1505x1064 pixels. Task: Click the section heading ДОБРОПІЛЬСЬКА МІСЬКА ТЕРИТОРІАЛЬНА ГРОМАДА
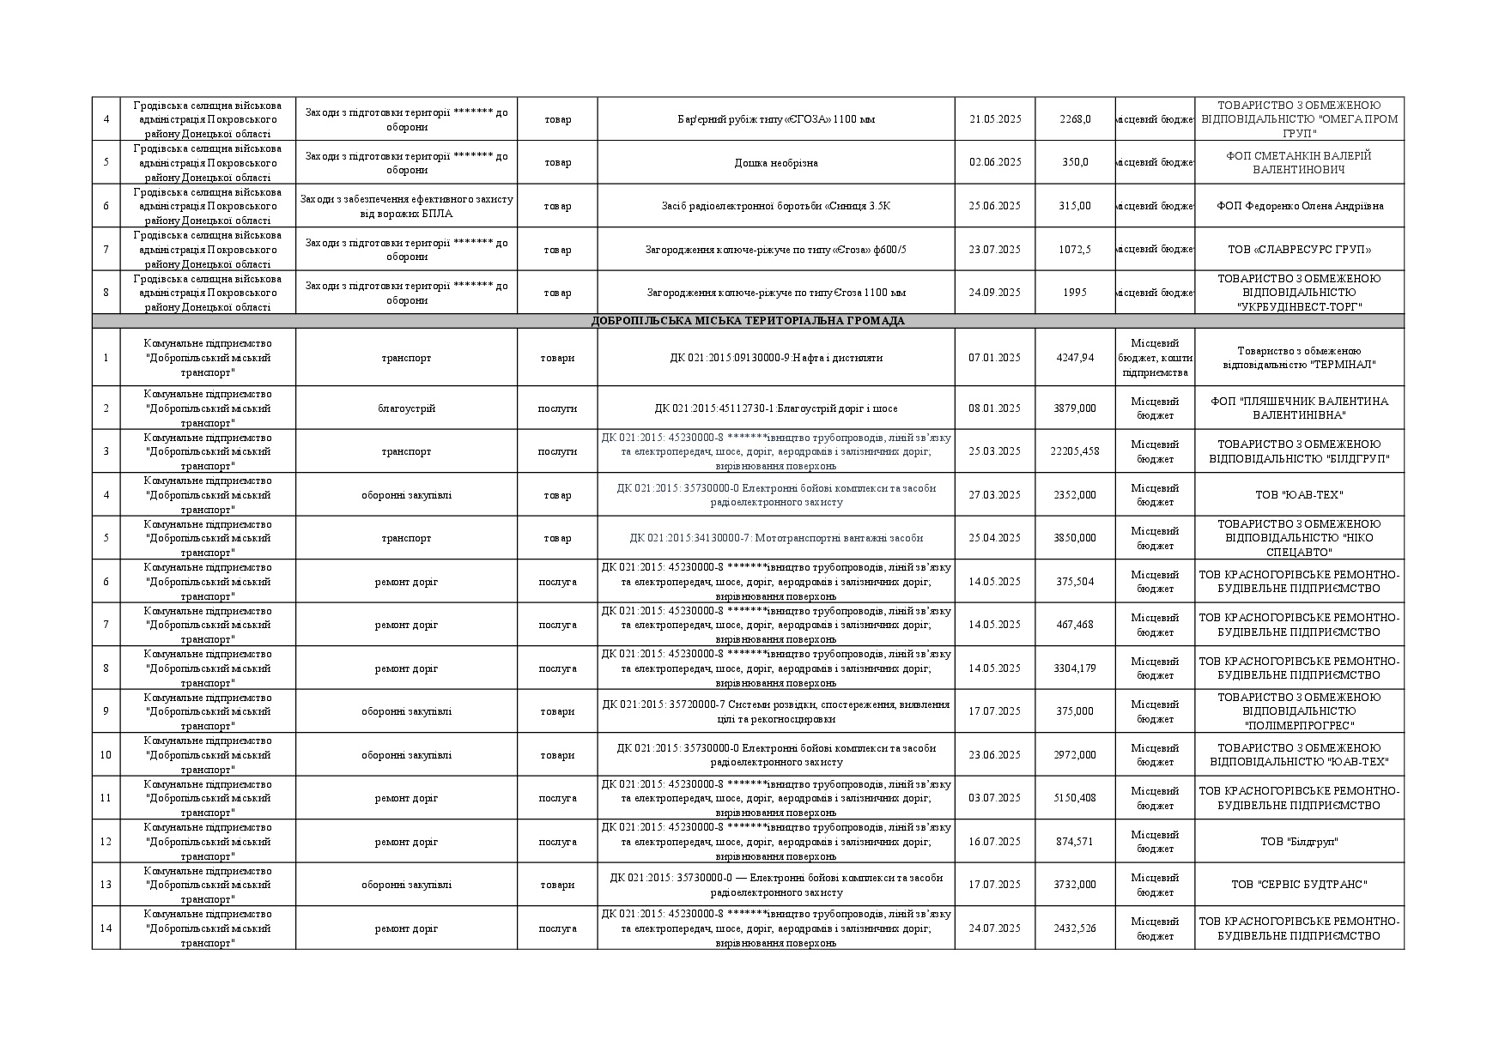pyautogui.click(x=748, y=321)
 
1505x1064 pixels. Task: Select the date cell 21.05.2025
pyautogui.click(x=994, y=119)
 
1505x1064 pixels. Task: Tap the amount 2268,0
pyautogui.click(x=1075, y=119)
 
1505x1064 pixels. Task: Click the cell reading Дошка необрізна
pyautogui.click(x=775, y=163)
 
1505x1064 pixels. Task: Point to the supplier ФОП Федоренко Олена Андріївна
pyautogui.click(x=1299, y=206)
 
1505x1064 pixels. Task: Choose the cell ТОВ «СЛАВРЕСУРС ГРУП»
pyautogui.click(x=1299, y=250)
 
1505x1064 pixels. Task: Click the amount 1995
pyautogui.click(x=1075, y=293)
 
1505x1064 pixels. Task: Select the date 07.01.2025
pyautogui.click(x=994, y=358)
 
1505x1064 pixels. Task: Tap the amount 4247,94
pyautogui.click(x=1075, y=358)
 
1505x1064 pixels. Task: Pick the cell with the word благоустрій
pyautogui.click(x=406, y=408)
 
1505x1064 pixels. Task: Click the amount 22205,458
pyautogui.click(x=1075, y=451)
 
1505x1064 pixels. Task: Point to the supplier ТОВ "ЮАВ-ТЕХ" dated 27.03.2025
pyautogui.click(x=1299, y=495)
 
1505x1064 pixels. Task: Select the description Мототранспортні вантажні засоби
pyautogui.click(x=775, y=538)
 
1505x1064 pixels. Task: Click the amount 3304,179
pyautogui.click(x=1075, y=668)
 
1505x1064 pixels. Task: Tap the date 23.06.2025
pyautogui.click(x=994, y=755)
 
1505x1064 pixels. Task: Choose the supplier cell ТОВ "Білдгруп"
pyautogui.click(x=1299, y=842)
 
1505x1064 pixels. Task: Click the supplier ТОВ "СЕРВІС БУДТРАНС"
pyautogui.click(x=1299, y=885)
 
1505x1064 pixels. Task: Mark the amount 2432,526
pyautogui.click(x=1075, y=928)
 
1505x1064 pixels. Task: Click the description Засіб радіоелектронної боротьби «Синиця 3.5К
pyautogui.click(x=775, y=206)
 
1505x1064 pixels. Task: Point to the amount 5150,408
pyautogui.click(x=1075, y=798)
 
